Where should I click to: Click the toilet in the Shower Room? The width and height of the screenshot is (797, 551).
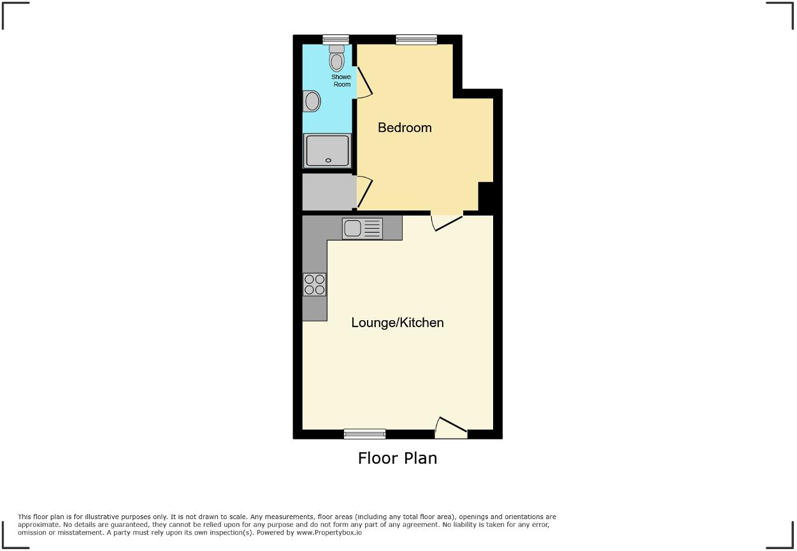point(336,60)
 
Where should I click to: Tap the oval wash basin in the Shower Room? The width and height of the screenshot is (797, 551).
point(312,101)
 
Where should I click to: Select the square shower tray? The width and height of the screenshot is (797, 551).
point(327,151)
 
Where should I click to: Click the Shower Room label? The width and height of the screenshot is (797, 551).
point(341,80)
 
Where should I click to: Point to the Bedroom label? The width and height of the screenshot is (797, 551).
point(405,128)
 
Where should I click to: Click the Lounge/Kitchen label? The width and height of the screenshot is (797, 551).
point(398,323)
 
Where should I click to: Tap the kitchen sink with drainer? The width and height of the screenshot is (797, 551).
point(363,228)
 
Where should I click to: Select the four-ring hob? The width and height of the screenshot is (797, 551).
point(315,284)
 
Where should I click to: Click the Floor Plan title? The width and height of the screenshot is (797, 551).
point(398,458)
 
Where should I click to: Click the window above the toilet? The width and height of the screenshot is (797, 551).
point(335,40)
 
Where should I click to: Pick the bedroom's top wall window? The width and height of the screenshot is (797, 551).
point(417,40)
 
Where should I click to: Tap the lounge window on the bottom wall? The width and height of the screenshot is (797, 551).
point(364,434)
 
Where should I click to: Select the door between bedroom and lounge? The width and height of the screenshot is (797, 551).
point(447,220)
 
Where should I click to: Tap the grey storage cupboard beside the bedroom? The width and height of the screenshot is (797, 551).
point(327,192)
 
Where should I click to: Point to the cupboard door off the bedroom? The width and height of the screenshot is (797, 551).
point(364,191)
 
